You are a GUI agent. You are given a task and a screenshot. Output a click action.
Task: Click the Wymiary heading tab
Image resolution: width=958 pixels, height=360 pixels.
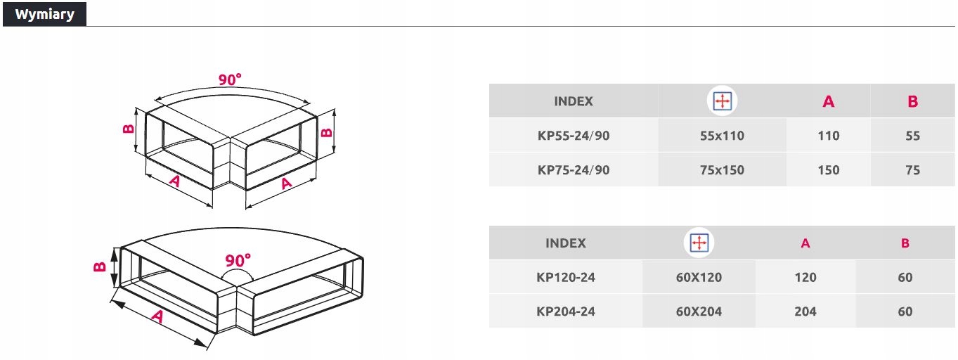pos(44,14)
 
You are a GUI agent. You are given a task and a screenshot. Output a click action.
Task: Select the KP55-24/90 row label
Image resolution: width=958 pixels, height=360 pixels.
pos(573,136)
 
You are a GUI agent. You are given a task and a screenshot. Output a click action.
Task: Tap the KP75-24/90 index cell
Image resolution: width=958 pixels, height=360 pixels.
pos(573,169)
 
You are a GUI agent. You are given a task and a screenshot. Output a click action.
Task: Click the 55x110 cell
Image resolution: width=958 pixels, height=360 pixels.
pos(722,136)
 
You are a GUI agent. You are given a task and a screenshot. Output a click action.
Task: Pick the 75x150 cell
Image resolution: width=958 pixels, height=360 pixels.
pos(722,169)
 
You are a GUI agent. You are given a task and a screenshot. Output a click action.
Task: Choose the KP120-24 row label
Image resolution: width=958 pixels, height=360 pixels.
pos(565,277)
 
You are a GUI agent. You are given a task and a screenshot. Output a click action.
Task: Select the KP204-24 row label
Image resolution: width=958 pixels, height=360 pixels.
pos(565,311)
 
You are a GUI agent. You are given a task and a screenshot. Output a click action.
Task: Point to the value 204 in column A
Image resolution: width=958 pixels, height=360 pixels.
pos(805,311)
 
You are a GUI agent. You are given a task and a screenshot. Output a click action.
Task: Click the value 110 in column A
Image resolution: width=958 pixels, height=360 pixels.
pos(828,136)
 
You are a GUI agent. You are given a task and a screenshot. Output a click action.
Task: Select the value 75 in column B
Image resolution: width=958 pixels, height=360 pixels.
pos(912,169)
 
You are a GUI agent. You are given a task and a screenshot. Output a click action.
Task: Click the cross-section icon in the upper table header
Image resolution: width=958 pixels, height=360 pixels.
pos(722,101)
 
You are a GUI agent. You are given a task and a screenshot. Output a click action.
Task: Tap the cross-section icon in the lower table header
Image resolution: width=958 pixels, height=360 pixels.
pos(699,243)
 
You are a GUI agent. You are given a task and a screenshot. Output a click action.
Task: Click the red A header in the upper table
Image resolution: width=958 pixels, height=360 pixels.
pos(828,102)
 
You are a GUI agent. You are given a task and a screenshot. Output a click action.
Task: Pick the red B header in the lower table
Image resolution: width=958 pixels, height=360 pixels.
pos(905,243)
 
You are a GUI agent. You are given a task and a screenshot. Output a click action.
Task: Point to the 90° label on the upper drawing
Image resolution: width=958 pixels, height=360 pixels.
pos(229,80)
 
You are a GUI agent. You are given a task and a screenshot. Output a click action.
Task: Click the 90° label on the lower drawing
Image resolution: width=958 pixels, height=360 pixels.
pos(238,261)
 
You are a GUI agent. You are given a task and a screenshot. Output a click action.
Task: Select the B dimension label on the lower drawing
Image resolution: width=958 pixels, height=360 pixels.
pos(99,266)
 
